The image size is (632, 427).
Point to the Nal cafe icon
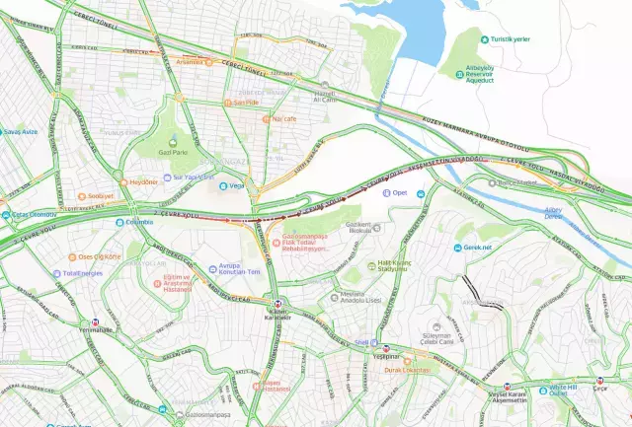(x=266, y=119)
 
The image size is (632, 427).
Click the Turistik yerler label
(x=512, y=38)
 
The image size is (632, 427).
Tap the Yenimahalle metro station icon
(x=96, y=321)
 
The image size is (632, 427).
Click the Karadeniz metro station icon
(x=277, y=302)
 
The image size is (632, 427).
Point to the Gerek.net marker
(x=457, y=248)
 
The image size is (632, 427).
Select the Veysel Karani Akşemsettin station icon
(x=509, y=387)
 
